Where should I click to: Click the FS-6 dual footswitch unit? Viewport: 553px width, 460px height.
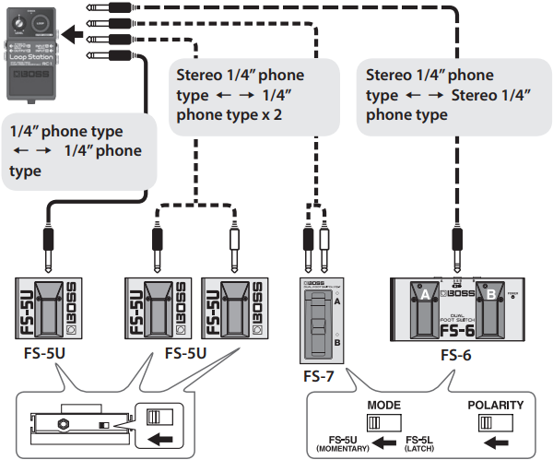[458, 312]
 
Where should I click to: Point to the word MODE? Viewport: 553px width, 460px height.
[383, 405]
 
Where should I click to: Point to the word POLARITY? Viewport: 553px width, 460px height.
[496, 405]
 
